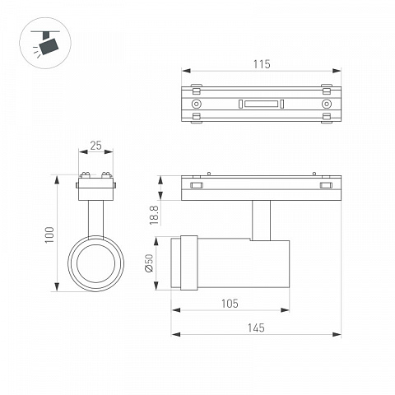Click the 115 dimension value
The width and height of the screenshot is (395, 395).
click(x=262, y=64)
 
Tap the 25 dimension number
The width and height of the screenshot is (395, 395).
click(x=95, y=146)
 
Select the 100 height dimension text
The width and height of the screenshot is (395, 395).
click(x=50, y=235)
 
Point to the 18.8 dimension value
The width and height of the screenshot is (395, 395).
click(x=154, y=216)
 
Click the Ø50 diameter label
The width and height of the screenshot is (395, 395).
click(x=149, y=263)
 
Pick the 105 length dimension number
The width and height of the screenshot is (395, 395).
click(x=230, y=304)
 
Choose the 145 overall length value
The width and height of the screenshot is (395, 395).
click(x=256, y=328)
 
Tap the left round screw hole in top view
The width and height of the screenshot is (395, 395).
click(x=196, y=104)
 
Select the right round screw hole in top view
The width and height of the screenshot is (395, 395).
click(x=327, y=104)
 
